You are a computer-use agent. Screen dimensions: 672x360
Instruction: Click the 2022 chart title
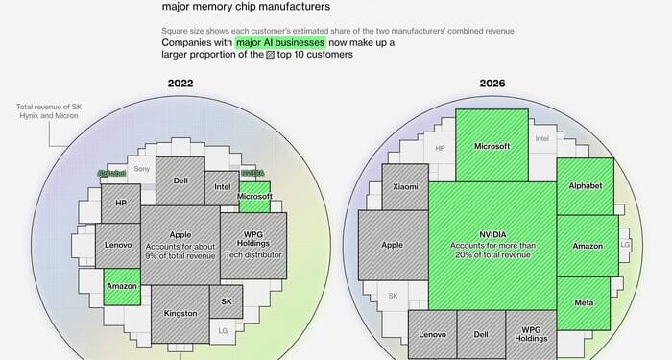click(x=180, y=84)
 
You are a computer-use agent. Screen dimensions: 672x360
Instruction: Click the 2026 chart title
click(x=493, y=84)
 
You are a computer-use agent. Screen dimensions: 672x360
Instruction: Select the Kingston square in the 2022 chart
click(x=180, y=313)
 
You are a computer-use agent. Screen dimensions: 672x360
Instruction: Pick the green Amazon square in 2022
click(x=122, y=286)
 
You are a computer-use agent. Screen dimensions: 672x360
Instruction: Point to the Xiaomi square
click(x=405, y=186)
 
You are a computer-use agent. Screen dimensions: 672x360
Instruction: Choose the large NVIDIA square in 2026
click(x=492, y=245)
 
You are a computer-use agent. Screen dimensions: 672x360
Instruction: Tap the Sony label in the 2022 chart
click(x=142, y=169)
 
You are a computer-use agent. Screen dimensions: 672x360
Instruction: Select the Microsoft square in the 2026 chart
click(x=492, y=146)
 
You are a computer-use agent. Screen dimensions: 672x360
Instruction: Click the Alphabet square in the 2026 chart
click(x=585, y=185)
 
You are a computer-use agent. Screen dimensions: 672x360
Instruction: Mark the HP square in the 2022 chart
click(x=121, y=203)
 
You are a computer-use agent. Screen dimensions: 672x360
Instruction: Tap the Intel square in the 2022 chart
click(x=222, y=187)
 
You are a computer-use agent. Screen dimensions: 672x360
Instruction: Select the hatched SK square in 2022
click(x=227, y=301)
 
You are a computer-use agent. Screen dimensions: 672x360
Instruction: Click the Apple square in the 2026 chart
click(x=393, y=245)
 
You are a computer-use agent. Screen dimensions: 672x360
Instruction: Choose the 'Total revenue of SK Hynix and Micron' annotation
click(x=46, y=110)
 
